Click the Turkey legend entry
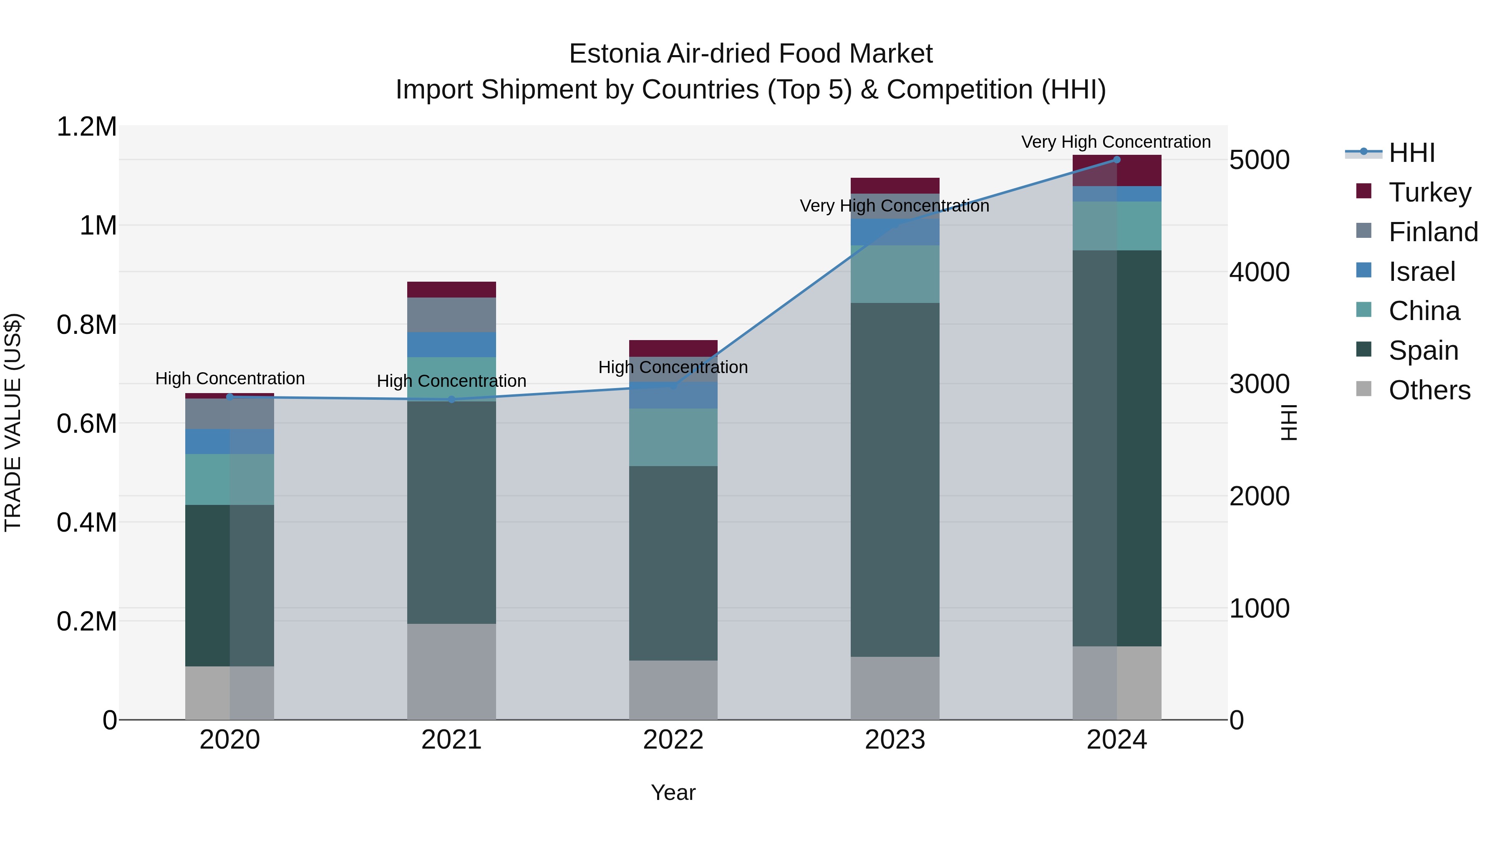click(1429, 192)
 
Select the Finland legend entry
click(1433, 232)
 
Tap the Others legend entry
click(1429, 390)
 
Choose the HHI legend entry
click(1411, 153)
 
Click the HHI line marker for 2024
click(1116, 159)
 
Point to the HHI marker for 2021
click(451, 399)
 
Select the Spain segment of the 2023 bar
click(895, 479)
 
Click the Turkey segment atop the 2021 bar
click(451, 290)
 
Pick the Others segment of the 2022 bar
click(673, 690)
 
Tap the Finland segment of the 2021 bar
click(451, 315)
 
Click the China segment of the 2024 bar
click(1116, 226)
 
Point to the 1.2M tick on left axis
click(86, 127)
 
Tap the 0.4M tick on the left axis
click(86, 522)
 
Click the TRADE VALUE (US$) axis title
click(13, 422)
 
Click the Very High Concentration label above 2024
click(1115, 142)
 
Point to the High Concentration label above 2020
click(230, 379)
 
